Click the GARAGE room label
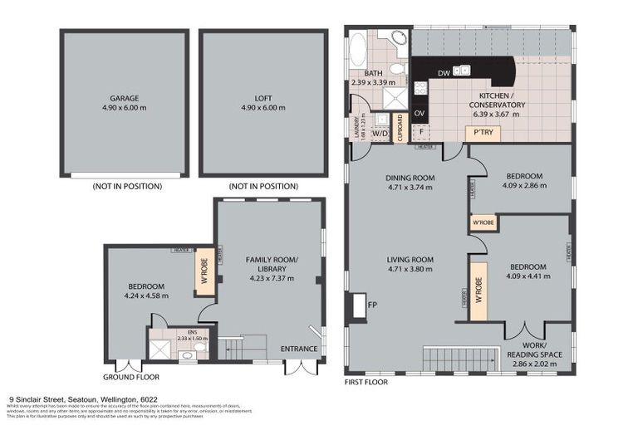pyautogui.click(x=124, y=97)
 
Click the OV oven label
pyautogui.click(x=420, y=112)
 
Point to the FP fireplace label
pyautogui.click(x=372, y=305)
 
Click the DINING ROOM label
pyautogui.click(x=410, y=178)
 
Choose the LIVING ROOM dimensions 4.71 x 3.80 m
pyautogui.click(x=410, y=269)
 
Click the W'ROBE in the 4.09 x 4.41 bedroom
pyautogui.click(x=478, y=291)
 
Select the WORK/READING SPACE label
pyautogui.click(x=534, y=349)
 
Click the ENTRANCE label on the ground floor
pyautogui.click(x=299, y=348)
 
